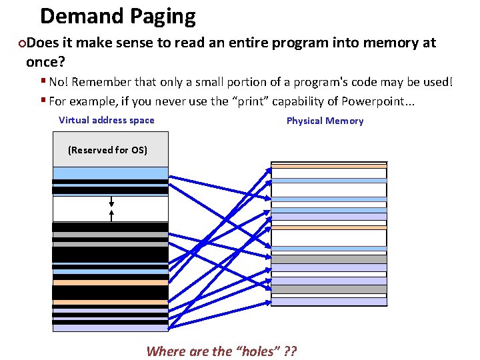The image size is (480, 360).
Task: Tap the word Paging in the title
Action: tap(163, 17)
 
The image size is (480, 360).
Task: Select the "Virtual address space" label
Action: tap(107, 121)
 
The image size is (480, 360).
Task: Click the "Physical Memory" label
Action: tap(325, 121)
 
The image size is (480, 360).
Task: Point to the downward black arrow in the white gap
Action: tap(111, 201)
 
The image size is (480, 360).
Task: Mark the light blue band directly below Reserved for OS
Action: tap(110, 173)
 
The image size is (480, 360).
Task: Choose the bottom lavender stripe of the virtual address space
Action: tap(110, 327)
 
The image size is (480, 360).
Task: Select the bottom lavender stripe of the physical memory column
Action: tap(329, 301)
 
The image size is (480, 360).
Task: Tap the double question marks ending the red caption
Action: tap(289, 351)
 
